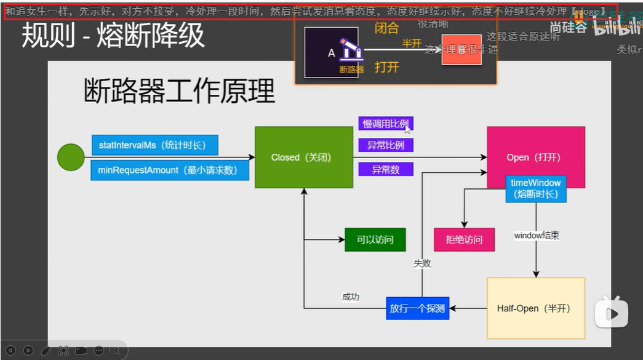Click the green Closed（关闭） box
(x=304, y=158)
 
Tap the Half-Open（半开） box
(x=535, y=308)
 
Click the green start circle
(x=71, y=158)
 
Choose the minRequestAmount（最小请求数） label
(x=170, y=170)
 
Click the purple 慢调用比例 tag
(x=386, y=124)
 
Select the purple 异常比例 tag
(x=386, y=146)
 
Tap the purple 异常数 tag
(x=386, y=169)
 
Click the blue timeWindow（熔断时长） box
(x=535, y=188)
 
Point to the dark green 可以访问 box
(x=375, y=239)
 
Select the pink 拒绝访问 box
(x=464, y=239)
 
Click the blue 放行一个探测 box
(x=418, y=308)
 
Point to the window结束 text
(x=536, y=236)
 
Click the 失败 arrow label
(x=422, y=263)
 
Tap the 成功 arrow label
(x=351, y=297)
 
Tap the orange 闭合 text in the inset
(x=387, y=28)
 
